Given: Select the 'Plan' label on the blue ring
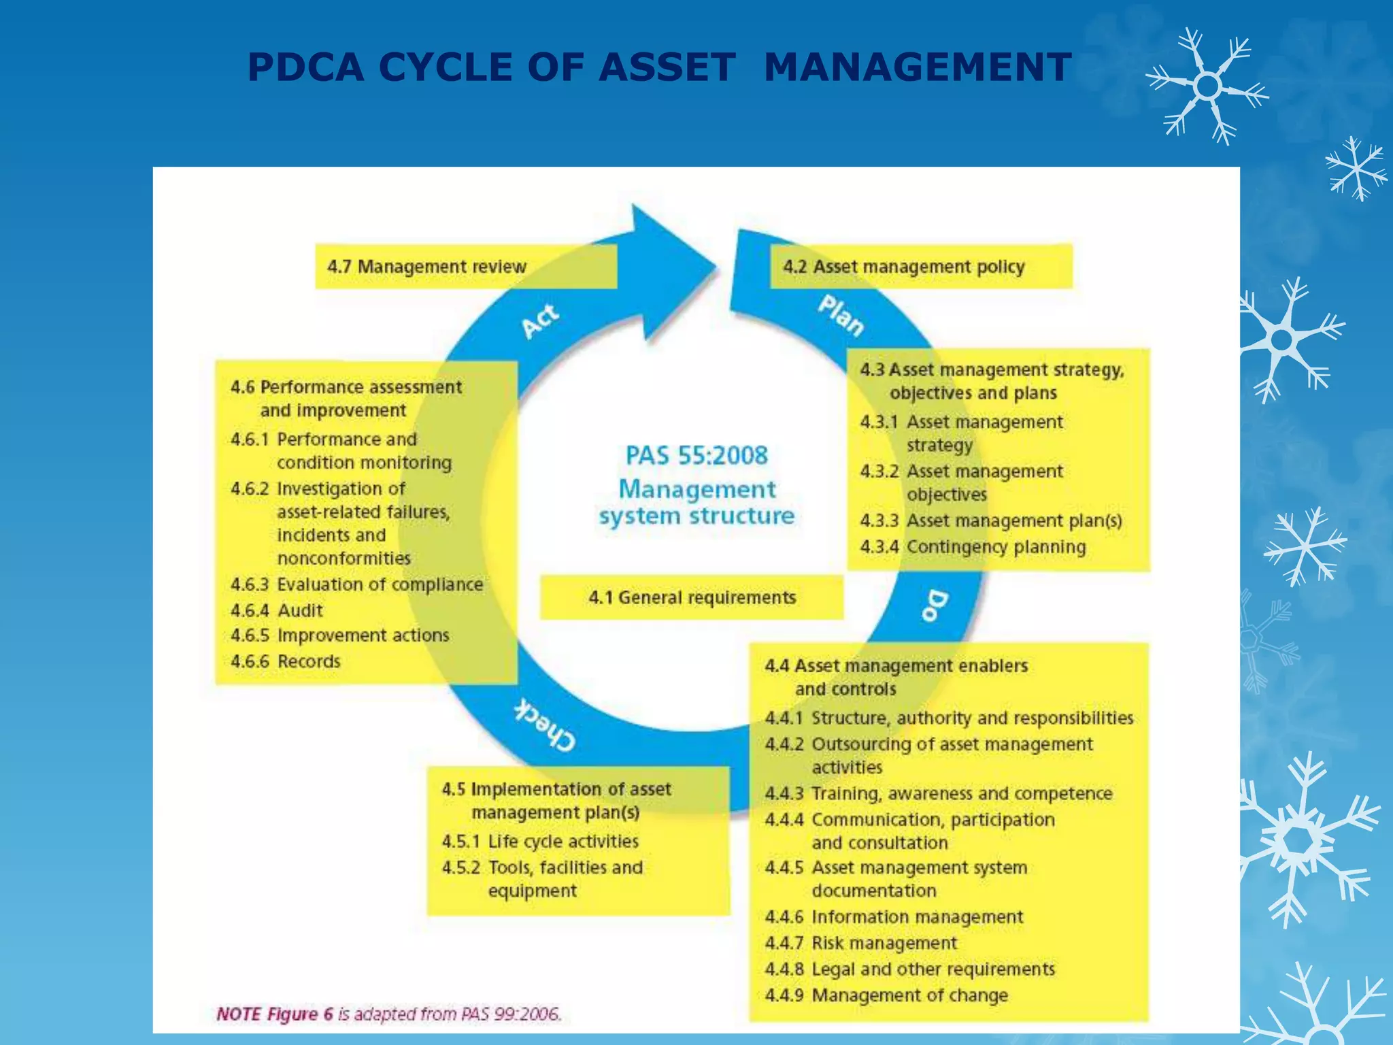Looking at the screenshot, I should [x=841, y=314].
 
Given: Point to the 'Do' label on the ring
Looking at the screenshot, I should [x=935, y=605].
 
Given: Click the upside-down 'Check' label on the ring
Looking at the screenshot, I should [x=545, y=725].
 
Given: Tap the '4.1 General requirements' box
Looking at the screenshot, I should [x=691, y=597].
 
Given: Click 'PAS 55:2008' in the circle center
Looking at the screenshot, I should [x=696, y=455].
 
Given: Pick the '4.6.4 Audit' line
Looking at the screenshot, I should [x=277, y=610].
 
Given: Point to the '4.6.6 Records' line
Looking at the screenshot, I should [x=286, y=661].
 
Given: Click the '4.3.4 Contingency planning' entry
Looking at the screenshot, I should [x=973, y=547].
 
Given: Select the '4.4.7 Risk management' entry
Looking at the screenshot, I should [x=860, y=943].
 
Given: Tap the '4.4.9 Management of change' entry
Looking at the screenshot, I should [x=886, y=995].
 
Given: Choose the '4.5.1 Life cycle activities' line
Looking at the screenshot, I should [x=540, y=842].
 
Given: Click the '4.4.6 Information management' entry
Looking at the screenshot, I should [x=894, y=917].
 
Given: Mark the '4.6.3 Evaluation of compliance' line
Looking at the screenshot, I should [x=356, y=584].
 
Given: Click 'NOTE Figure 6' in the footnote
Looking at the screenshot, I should [x=275, y=1014].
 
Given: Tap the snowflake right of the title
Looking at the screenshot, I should [x=1207, y=86].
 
